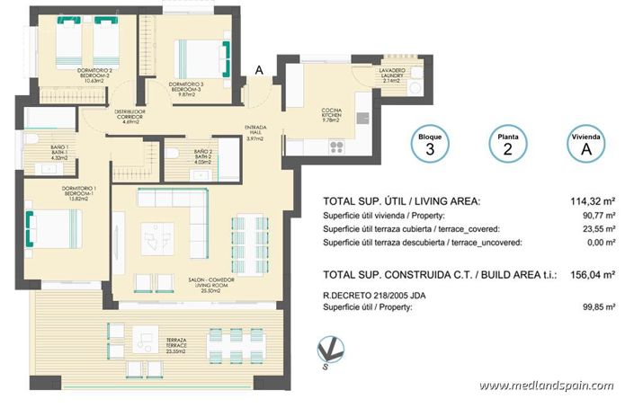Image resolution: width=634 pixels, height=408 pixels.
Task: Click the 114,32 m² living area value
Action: coord(594,201)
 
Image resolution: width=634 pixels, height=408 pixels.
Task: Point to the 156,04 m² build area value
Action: coord(594,275)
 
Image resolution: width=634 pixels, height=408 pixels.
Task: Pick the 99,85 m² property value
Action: coord(597,307)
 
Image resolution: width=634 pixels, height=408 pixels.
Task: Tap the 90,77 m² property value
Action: coord(597,216)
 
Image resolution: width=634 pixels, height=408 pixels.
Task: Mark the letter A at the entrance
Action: coord(260,68)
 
